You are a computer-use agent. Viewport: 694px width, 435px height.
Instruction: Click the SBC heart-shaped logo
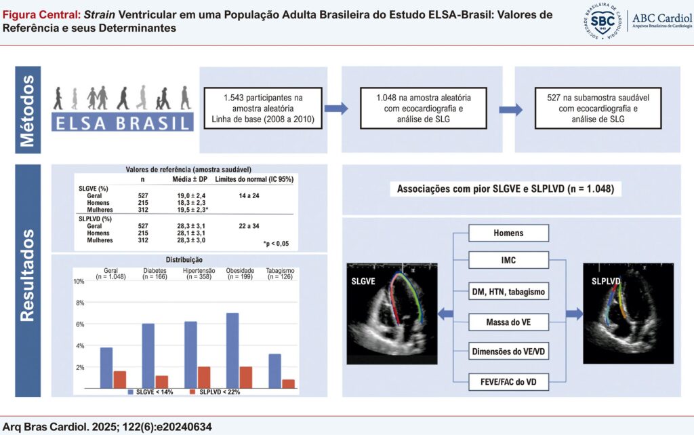pyautogui.click(x=602, y=21)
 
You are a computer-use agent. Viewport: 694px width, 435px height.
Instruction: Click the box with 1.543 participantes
pyautogui.click(x=263, y=108)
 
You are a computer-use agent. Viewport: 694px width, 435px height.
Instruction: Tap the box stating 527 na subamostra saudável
pyautogui.click(x=598, y=108)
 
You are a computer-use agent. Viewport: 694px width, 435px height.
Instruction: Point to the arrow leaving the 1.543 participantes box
pyautogui.click(x=336, y=109)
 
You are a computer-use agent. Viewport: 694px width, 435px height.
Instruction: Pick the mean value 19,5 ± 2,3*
pyautogui.click(x=192, y=210)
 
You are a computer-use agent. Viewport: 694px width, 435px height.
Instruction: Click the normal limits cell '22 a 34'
pyautogui.click(x=249, y=226)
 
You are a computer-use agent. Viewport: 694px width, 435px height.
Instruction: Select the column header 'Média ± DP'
pyautogui.click(x=190, y=179)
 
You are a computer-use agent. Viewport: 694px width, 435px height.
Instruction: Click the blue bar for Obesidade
pyautogui.click(x=232, y=351)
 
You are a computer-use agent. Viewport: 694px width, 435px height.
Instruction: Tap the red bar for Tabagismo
pyautogui.click(x=289, y=384)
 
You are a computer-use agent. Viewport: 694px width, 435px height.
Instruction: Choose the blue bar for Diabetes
pyautogui.click(x=148, y=356)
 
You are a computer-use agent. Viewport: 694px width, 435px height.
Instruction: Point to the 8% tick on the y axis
pyautogui.click(x=80, y=303)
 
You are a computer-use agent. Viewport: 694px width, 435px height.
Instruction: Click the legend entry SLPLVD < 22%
pyautogui.click(x=215, y=392)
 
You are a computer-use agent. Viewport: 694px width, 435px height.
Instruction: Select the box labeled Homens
pyautogui.click(x=508, y=233)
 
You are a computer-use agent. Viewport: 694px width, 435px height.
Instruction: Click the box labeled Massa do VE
pyautogui.click(x=508, y=322)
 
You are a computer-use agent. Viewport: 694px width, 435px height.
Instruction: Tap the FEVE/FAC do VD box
pyautogui.click(x=508, y=382)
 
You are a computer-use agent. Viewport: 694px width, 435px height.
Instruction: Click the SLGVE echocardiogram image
pyautogui.click(x=392, y=314)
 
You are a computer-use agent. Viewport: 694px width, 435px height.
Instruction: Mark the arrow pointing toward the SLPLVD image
pyautogui.click(x=575, y=314)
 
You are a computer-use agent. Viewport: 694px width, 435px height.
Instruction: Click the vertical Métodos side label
pyautogui.click(x=28, y=110)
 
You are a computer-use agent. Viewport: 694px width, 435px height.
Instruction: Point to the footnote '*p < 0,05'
pyautogui.click(x=276, y=244)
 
